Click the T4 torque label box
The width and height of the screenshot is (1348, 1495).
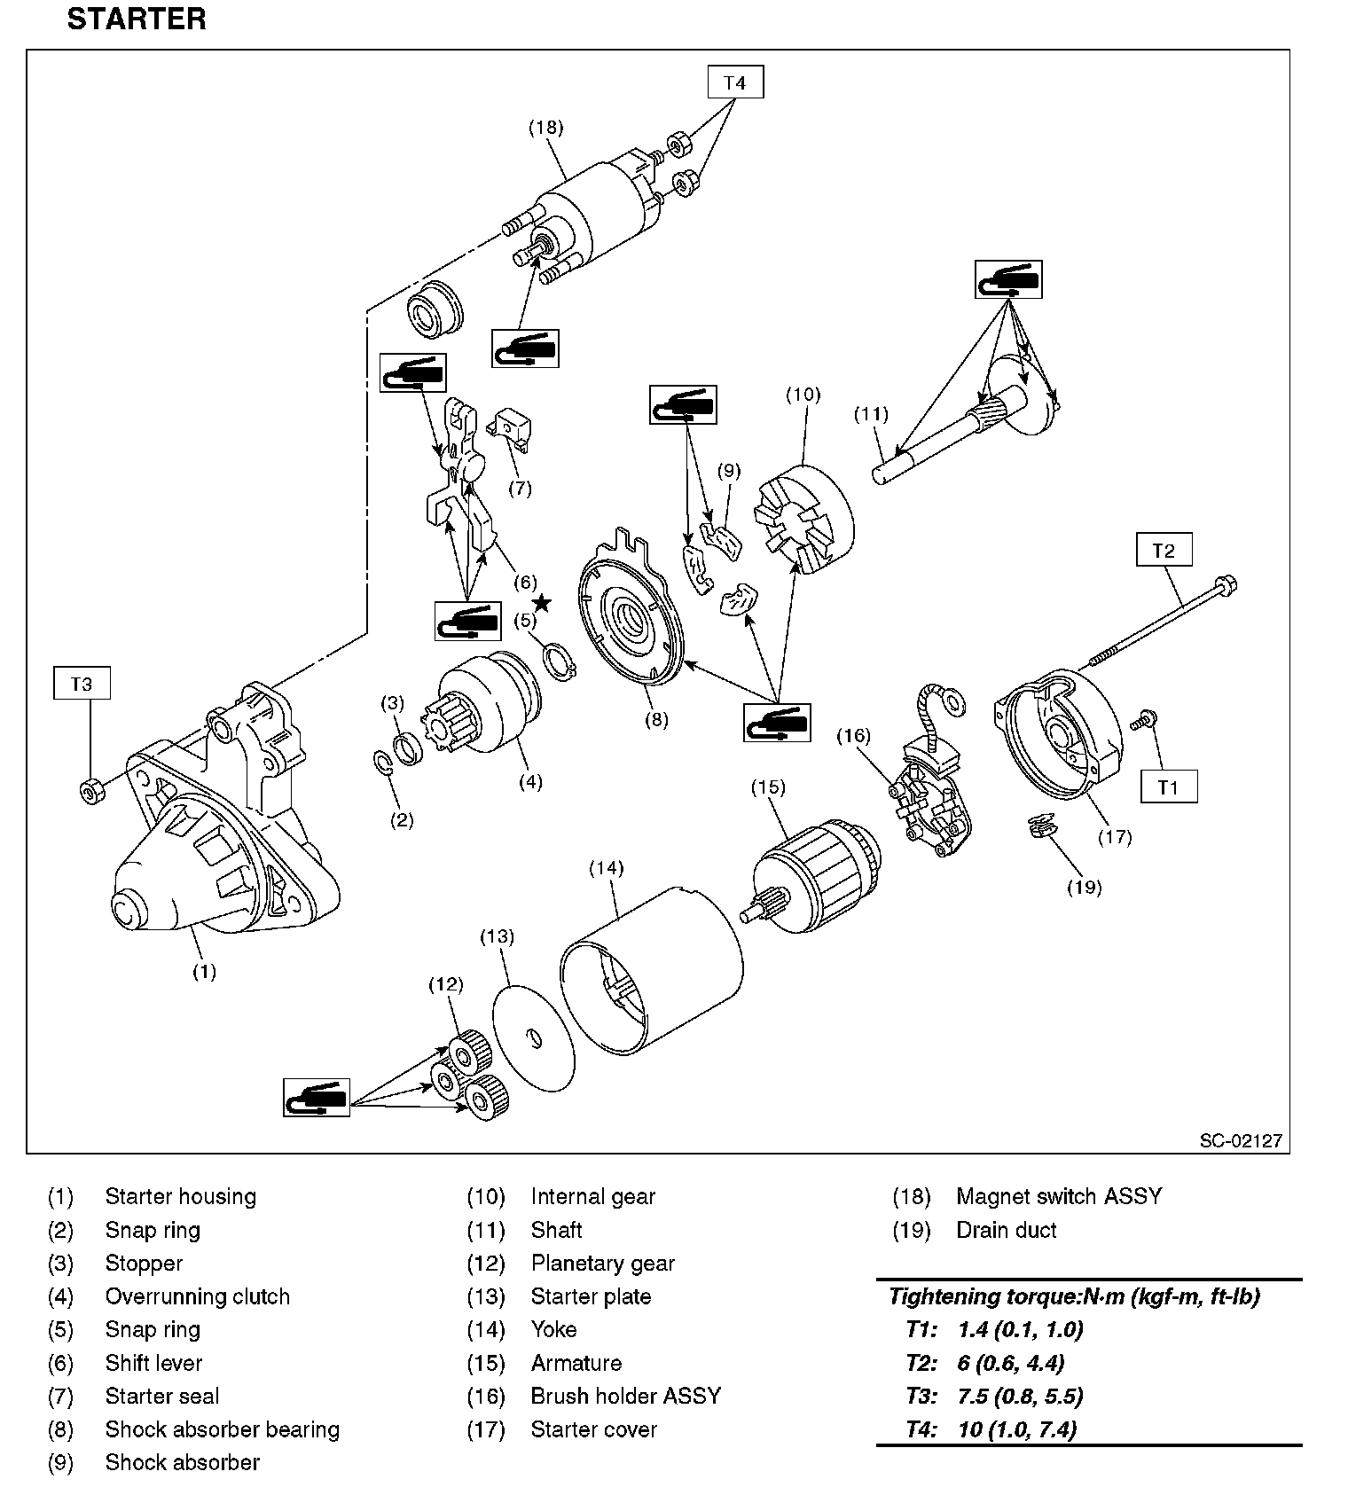[734, 82]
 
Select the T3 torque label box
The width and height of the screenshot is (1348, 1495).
[82, 684]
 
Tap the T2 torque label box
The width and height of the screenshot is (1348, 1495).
[1163, 550]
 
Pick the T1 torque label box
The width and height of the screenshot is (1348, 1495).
[1168, 787]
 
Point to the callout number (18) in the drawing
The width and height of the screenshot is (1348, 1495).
[545, 128]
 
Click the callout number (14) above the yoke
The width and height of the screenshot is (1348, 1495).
[607, 868]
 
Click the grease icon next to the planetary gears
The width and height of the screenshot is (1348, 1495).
[317, 1098]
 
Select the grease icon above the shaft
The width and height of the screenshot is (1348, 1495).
[1007, 279]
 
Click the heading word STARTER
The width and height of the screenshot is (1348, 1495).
[137, 20]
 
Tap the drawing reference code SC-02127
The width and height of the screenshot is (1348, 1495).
[1240, 1140]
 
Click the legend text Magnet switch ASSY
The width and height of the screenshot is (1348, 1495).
[1058, 1196]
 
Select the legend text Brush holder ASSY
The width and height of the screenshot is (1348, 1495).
[625, 1396]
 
